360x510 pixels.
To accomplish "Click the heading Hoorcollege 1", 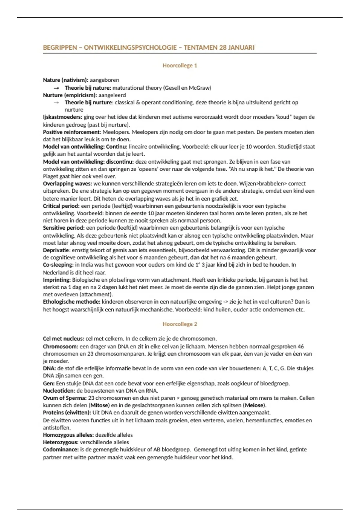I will pyautogui.click(x=180, y=65).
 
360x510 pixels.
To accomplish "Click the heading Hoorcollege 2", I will pyautogui.click(x=180, y=324).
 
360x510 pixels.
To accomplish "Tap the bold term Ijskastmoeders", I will pyautogui.click(x=62, y=117).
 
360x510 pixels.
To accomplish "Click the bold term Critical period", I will pyautogui.click(x=61, y=206).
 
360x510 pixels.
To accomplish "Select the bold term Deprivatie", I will pyautogui.click(x=57, y=250).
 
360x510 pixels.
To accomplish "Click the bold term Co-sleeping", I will pyautogui.click(x=58, y=265).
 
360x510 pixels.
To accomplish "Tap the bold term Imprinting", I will pyautogui.click(x=57, y=280).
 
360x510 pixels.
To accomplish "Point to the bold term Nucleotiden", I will pyautogui.click(x=59, y=391).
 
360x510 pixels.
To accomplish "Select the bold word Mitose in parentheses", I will pyautogui.click(x=100, y=405).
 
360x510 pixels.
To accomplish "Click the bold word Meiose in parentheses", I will pyautogui.click(x=254, y=405).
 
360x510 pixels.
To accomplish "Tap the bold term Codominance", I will pyautogui.click(x=61, y=449).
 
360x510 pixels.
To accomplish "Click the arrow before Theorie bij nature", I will pyautogui.click(x=56, y=88).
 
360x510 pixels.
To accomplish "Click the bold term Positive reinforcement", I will pyautogui.click(x=72, y=132).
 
